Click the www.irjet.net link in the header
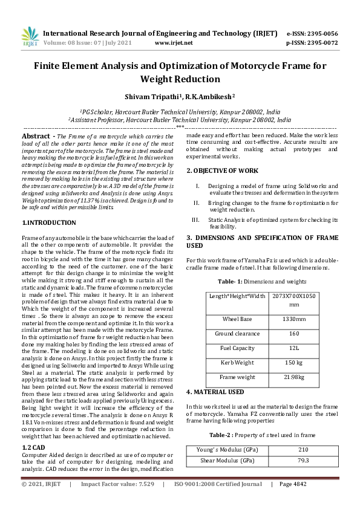174,43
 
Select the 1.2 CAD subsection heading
35,446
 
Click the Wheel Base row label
237,319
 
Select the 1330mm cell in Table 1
294,319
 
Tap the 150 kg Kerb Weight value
294,362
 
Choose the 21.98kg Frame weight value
294,377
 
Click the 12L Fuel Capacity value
294,348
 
